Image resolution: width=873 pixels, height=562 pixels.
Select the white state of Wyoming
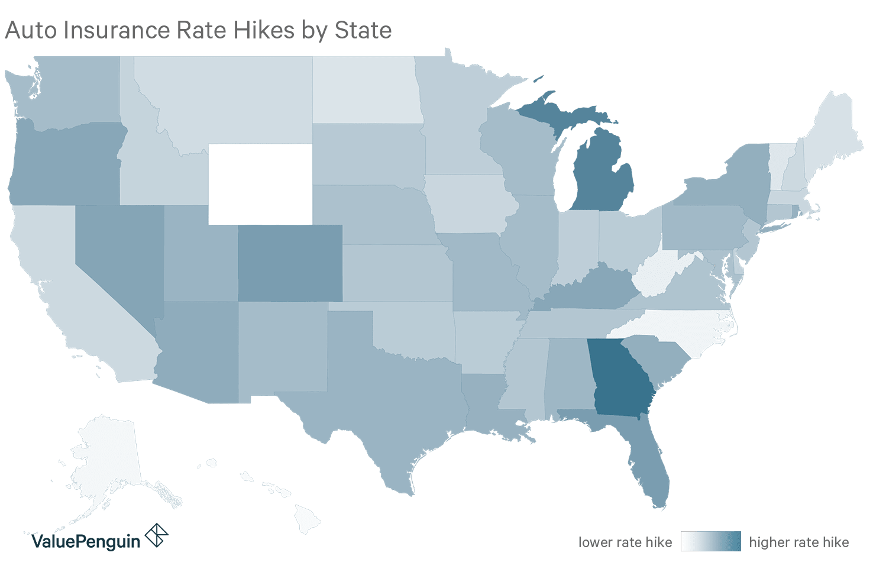pyautogui.click(x=260, y=184)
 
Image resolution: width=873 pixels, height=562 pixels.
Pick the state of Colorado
pyautogui.click(x=290, y=263)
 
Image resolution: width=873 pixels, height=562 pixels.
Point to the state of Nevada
pyautogui.click(x=118, y=254)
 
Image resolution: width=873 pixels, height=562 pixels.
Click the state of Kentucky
pyautogui.click(x=591, y=290)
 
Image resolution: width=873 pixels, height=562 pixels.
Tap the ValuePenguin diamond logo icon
pyautogui.click(x=157, y=535)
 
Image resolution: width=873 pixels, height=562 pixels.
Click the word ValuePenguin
pyautogui.click(x=86, y=541)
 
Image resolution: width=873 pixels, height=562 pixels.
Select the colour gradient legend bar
pyautogui.click(x=710, y=541)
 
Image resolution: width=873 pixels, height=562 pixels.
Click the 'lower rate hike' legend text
pyautogui.click(x=625, y=542)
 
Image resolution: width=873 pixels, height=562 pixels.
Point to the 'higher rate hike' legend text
pyautogui.click(x=799, y=542)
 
